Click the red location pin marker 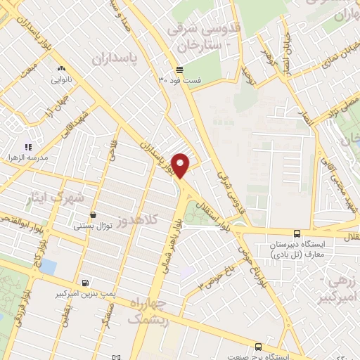[x=181, y=165]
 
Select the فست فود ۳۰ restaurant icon [x=180, y=70]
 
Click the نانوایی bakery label [x=61, y=79]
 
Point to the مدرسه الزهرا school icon [x=29, y=147]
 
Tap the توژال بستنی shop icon [x=93, y=216]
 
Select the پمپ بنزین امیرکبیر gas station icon [x=85, y=283]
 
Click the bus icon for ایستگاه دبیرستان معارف [x=297, y=233]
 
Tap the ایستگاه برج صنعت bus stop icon [x=258, y=347]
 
